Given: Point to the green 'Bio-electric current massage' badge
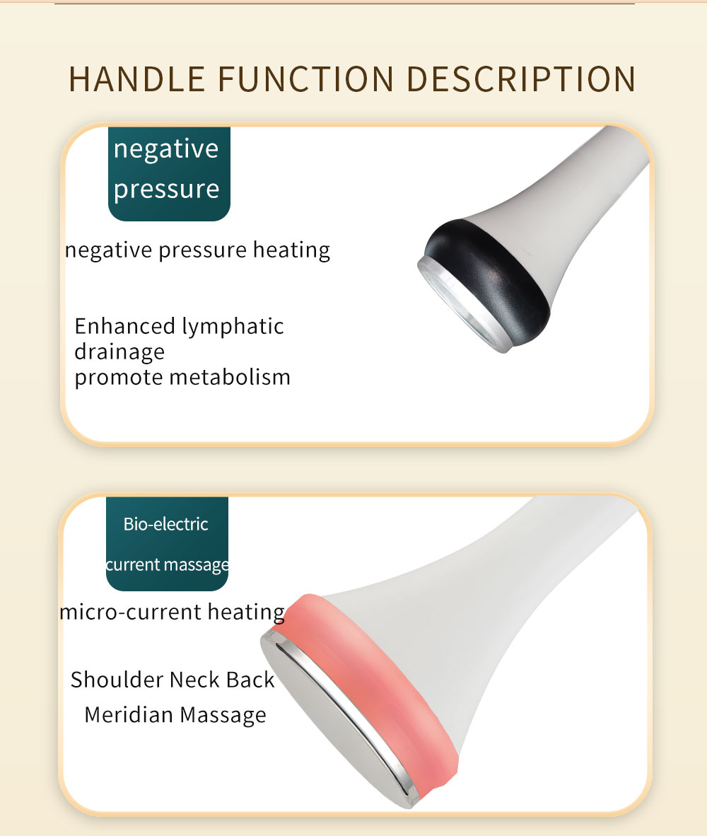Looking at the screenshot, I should click(x=167, y=543).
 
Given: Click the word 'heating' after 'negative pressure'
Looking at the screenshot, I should click(x=291, y=250).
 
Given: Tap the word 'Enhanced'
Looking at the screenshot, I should click(x=124, y=326).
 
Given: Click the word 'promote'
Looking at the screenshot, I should click(x=118, y=377).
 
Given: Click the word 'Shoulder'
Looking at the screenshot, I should click(x=117, y=680).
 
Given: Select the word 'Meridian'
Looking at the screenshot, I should click(x=128, y=714).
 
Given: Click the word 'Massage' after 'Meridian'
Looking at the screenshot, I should click(x=223, y=714).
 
